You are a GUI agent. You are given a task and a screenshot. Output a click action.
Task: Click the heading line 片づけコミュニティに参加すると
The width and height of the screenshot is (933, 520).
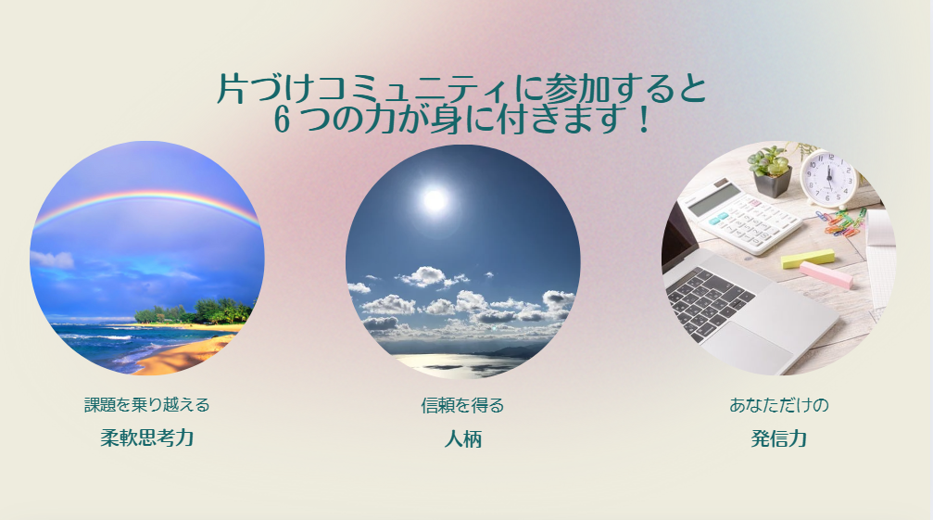coord(461,89)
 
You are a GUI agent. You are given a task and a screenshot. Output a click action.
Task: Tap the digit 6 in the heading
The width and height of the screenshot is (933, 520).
coord(282,119)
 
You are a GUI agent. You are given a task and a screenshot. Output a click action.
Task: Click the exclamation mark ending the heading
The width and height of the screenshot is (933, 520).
coord(643,119)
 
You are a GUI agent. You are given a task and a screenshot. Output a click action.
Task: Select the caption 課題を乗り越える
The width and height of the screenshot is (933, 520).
coord(147,405)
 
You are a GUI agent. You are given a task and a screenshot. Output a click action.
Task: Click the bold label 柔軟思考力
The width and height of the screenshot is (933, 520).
coord(147,438)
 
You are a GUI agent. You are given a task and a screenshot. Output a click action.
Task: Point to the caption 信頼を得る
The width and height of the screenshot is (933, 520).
coord(462,406)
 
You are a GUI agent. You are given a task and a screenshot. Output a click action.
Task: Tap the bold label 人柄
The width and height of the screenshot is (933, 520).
coord(463,439)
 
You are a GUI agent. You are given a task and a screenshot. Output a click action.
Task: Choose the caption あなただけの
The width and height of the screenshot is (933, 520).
coord(779,405)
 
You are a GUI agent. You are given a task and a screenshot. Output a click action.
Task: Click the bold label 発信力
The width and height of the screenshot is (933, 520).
coord(779,438)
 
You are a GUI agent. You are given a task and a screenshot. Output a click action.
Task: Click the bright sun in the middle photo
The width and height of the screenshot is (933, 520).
coord(435,200)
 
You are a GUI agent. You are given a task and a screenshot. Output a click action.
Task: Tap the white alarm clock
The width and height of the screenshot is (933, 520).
coord(829,176)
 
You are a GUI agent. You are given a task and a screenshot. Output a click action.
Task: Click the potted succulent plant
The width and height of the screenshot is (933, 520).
coord(772,170)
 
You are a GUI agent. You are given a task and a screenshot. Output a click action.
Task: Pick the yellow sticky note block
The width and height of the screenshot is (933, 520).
coord(808,259)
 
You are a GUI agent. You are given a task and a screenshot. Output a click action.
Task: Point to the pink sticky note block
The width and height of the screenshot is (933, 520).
coord(826,275)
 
